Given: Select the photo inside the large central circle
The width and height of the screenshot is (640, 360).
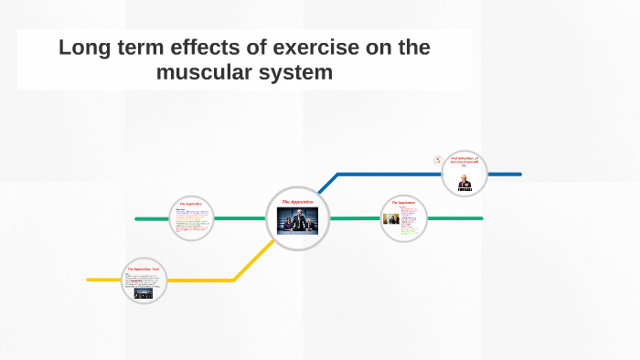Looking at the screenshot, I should (x=298, y=224).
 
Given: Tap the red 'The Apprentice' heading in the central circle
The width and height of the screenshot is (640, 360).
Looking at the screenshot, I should (x=298, y=200).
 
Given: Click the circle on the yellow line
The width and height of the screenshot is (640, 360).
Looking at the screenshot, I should (x=144, y=281).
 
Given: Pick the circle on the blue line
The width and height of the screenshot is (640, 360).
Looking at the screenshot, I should (x=465, y=174).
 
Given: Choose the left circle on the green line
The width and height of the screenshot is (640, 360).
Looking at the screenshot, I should (x=191, y=219).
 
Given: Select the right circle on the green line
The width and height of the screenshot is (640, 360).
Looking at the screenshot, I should (x=403, y=219).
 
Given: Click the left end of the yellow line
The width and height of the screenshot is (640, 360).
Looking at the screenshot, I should (x=89, y=280).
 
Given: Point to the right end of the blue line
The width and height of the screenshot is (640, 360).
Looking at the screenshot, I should (x=519, y=174).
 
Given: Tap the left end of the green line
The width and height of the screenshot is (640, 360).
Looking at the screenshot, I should (x=137, y=219).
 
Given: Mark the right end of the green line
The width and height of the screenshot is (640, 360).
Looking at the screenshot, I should (x=481, y=219).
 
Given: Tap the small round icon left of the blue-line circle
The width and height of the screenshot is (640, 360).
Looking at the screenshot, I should (x=438, y=159).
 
